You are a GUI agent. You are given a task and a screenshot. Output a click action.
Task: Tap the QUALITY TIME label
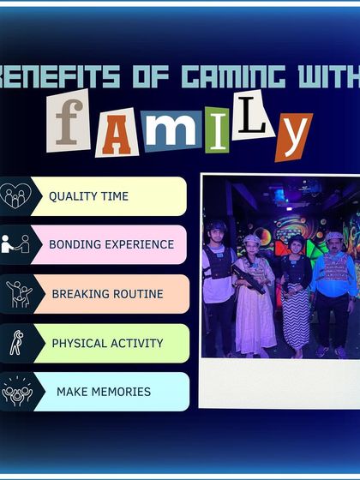coord(88,196)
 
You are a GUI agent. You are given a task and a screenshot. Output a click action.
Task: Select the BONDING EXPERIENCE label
coord(111,244)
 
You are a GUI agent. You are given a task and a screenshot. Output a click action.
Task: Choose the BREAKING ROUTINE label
coord(107,294)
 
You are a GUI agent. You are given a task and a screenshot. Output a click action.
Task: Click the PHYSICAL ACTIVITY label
coord(107,343)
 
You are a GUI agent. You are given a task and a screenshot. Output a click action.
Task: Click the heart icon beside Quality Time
coord(15,196)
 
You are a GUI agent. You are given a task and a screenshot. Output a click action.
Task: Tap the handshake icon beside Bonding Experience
coord(15,244)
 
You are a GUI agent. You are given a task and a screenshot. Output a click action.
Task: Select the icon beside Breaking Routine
coord(17,294)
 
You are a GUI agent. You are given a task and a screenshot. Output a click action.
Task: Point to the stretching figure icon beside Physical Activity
coord(15,343)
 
